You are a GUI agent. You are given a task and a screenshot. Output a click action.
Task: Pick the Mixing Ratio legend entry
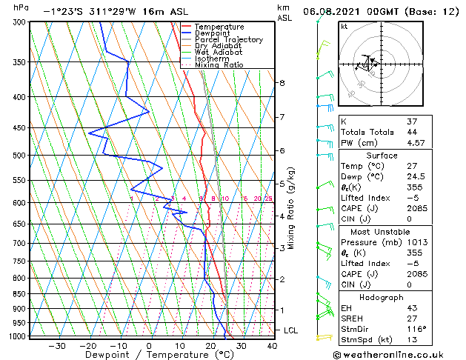pos(219,65)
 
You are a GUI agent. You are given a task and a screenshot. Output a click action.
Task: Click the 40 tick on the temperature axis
pos(272,346)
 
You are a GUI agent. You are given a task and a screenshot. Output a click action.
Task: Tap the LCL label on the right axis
pos(291,330)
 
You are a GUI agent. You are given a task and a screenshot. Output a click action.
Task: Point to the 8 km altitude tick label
pos(282,83)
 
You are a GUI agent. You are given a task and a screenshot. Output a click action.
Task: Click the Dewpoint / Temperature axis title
pos(148,355)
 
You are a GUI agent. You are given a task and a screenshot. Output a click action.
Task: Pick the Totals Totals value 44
pos(413,131)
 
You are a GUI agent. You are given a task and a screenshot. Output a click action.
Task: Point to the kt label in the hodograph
pos(344,27)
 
